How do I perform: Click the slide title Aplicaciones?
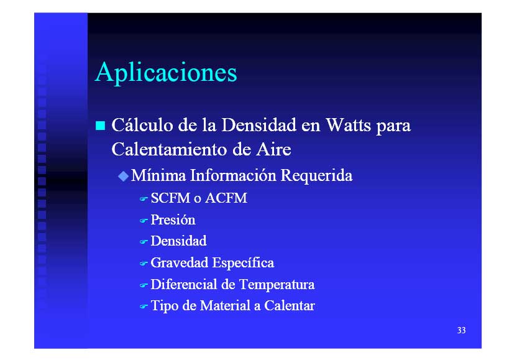[x=166, y=73]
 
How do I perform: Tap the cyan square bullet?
[x=100, y=126]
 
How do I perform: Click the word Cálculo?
[x=142, y=125]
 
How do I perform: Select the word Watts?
[x=348, y=125]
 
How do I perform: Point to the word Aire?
[x=273, y=149]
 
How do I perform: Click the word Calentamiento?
[x=170, y=149]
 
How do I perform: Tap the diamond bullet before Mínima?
[x=123, y=176]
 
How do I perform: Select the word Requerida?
[x=316, y=175]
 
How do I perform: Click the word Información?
[x=233, y=175]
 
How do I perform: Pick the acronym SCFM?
[x=170, y=198]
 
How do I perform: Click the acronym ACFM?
[x=226, y=198]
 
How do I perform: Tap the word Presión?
[x=173, y=219]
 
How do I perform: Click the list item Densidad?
[x=179, y=241]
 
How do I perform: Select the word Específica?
[x=243, y=262]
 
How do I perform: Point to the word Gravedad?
[x=180, y=262]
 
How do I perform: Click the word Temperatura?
[x=277, y=285]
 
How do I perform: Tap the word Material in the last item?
[x=225, y=305]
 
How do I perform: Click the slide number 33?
[x=461, y=330]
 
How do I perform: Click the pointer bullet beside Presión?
[x=144, y=221]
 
